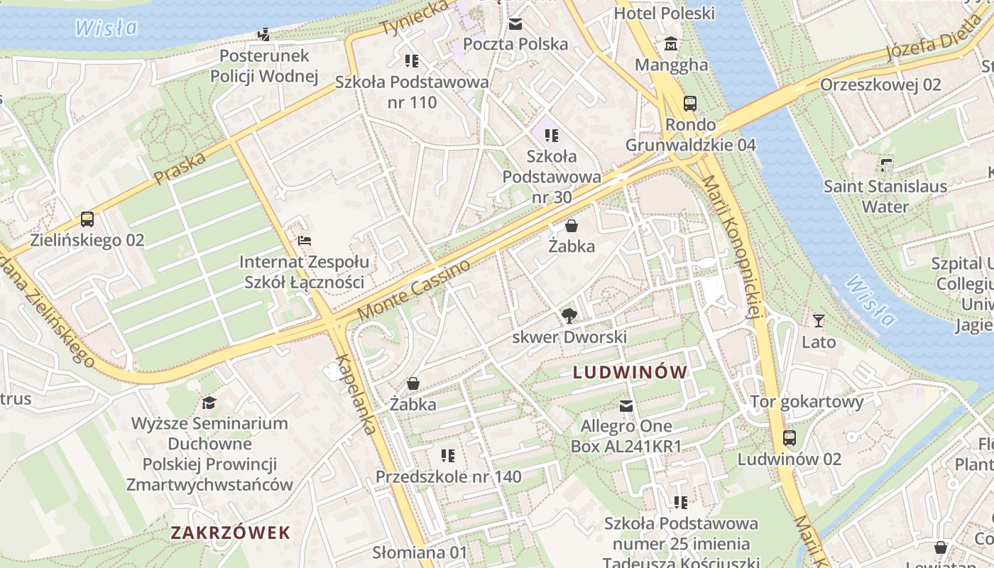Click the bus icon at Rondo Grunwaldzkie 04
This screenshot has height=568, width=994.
pyautogui.click(x=689, y=104)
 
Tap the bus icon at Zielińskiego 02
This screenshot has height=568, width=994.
pyautogui.click(x=87, y=219)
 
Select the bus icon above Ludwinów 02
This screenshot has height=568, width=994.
pyautogui.click(x=789, y=438)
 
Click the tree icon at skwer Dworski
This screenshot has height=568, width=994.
pyautogui.click(x=569, y=315)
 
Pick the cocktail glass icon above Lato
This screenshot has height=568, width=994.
pyautogui.click(x=819, y=321)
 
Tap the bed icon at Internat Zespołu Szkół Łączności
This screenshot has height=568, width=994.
pyautogui.click(x=304, y=241)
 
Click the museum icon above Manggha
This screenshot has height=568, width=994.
pyautogui.click(x=671, y=45)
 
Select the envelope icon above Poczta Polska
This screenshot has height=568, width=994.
pyautogui.click(x=515, y=24)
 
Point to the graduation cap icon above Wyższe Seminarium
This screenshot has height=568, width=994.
pyautogui.click(x=209, y=403)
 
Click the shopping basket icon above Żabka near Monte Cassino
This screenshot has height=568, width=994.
pyautogui.click(x=571, y=226)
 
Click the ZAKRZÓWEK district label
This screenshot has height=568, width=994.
pyautogui.click(x=231, y=532)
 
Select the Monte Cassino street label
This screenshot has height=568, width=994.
pyautogui.click(x=414, y=290)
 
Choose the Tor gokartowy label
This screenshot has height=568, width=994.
pyautogui.click(x=807, y=402)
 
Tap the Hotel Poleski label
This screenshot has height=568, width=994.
pyautogui.click(x=664, y=13)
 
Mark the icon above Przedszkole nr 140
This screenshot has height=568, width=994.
pyautogui.click(x=447, y=455)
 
